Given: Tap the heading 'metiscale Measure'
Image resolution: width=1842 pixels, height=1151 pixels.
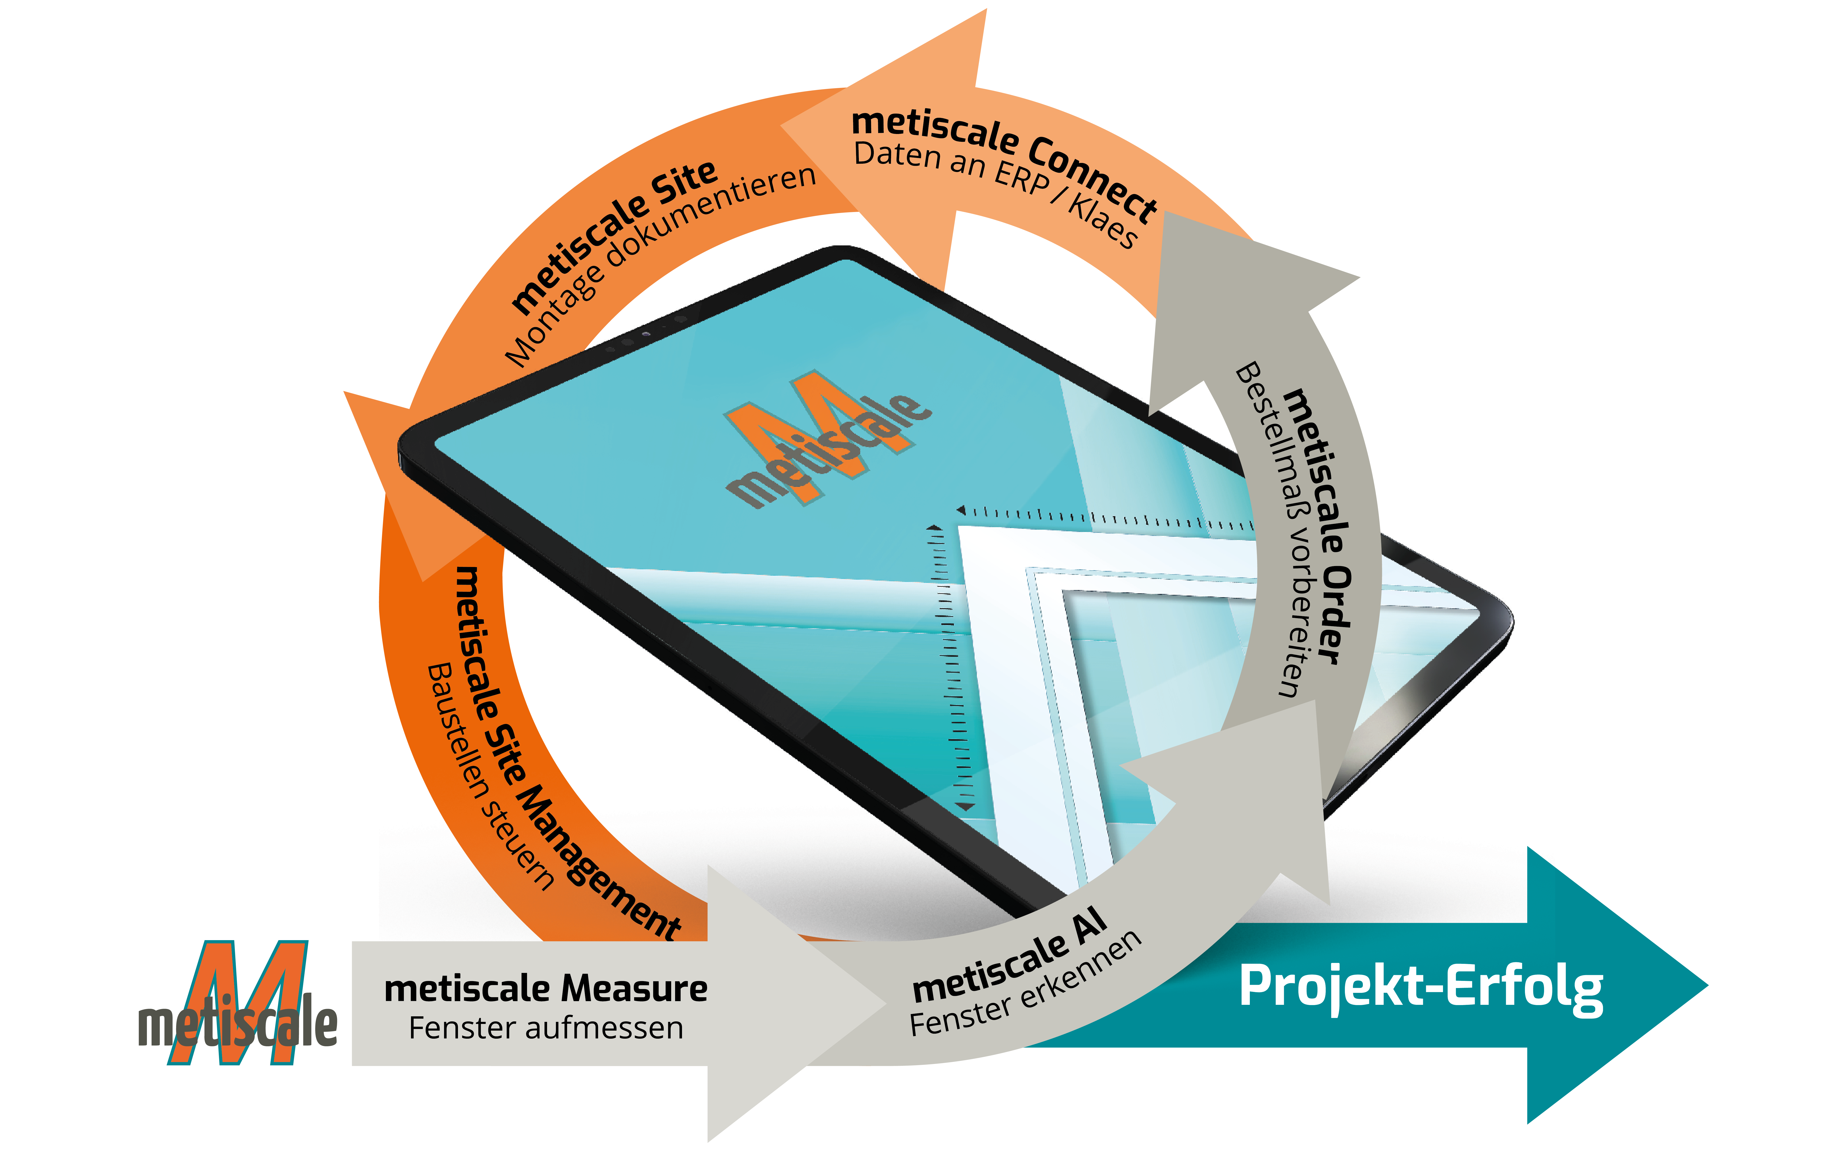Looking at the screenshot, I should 546,988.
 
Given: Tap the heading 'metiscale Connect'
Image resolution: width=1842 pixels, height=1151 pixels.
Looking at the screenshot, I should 1005,156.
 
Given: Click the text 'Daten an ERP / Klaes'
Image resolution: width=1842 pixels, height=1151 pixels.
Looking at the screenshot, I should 993,190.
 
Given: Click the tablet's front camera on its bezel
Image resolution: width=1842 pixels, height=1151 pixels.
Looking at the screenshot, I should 645,333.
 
